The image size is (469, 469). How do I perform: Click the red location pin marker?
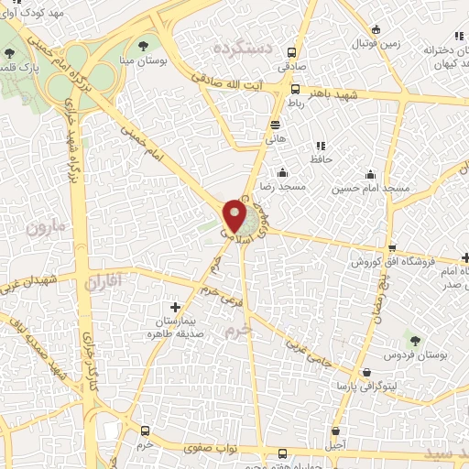coord(235,216)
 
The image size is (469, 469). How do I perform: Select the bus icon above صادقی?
coord(292,52)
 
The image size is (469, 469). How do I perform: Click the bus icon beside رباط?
coord(295,90)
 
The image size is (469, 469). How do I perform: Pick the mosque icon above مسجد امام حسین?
coord(371,174)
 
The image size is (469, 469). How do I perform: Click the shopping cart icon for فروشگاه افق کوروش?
coord(392,248)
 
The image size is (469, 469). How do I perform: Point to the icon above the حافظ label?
coord(320,146)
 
